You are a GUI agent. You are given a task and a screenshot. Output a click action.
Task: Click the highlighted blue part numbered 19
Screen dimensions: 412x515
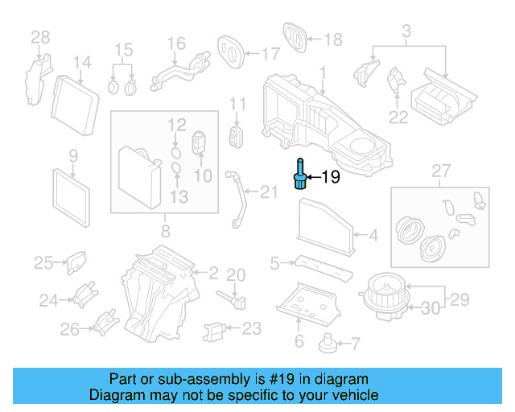pos(300,176)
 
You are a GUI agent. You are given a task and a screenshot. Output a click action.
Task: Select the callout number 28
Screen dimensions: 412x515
pos(40,36)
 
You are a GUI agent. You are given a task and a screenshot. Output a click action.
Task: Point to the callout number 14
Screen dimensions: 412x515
pos(82,63)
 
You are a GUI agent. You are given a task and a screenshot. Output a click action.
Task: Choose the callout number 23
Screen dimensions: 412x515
pos(252,328)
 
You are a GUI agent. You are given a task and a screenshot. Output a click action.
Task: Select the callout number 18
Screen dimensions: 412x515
pos(332,38)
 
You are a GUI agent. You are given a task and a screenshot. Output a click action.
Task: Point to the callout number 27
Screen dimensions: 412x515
pos(439,171)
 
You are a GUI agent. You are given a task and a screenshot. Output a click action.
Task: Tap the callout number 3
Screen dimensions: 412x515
pos(406,31)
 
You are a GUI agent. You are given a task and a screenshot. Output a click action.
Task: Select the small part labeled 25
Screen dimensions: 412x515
pos(76,261)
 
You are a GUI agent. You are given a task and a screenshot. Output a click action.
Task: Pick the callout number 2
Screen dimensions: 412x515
pos(212,273)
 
